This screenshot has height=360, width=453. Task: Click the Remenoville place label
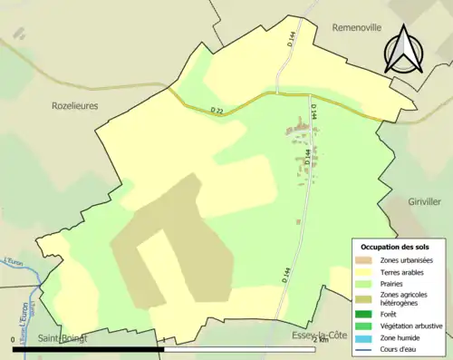361,27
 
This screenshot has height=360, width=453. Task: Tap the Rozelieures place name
73,105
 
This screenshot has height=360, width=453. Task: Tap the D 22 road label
217,111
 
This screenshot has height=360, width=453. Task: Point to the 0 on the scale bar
14,339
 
